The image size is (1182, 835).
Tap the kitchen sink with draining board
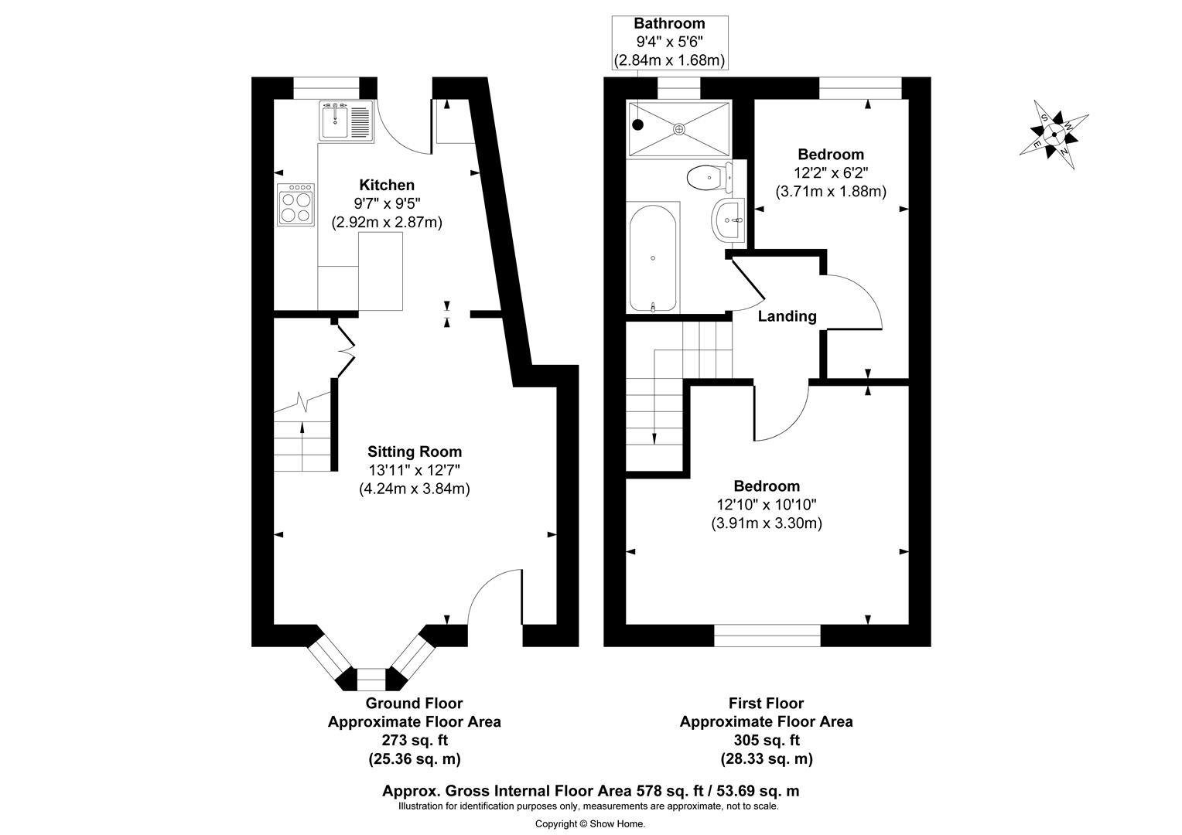tap(346, 121)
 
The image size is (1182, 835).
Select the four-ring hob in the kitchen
tap(296, 204)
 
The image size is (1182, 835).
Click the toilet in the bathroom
tap(706, 177)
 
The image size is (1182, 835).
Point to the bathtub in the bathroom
tap(654, 258)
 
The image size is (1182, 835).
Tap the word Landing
tap(787, 316)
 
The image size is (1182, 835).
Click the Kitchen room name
tap(387, 185)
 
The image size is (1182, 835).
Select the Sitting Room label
tap(415, 452)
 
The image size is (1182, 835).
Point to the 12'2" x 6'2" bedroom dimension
tap(831, 173)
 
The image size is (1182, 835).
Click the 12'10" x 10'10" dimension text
tap(767, 505)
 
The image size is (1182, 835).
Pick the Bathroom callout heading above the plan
tap(669, 24)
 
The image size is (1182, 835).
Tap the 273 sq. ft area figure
tap(414, 741)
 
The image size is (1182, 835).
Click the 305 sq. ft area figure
tap(766, 741)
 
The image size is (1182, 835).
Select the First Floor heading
tap(766, 704)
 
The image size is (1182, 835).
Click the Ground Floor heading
tap(414, 704)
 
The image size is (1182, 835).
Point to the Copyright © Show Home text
tap(590, 823)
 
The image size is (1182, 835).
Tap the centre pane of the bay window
tap(371, 680)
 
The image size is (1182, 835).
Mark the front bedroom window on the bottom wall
tap(767, 636)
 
